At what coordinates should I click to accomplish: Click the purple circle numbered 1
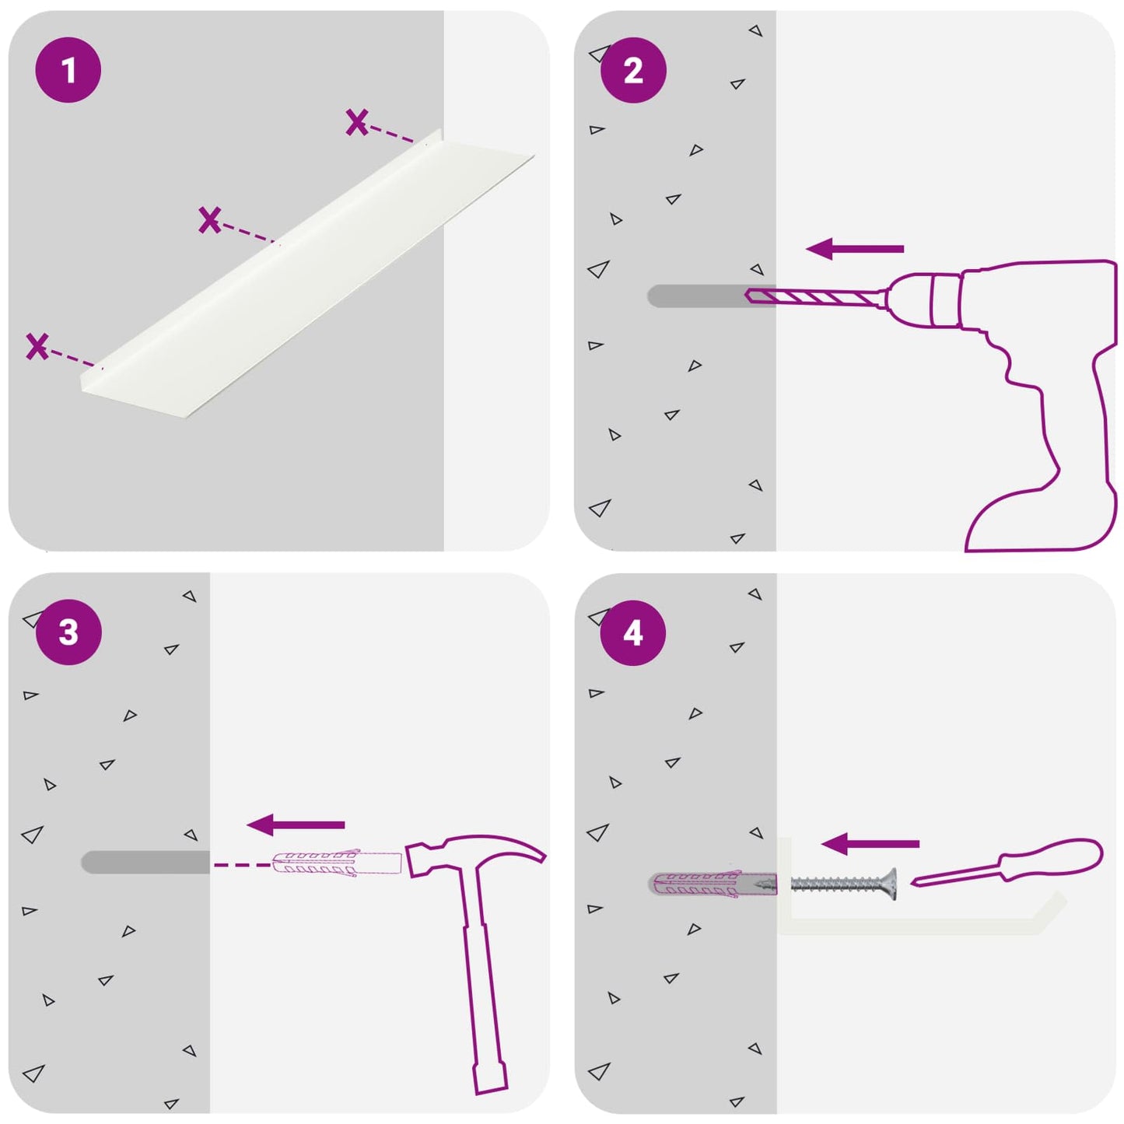[68, 70]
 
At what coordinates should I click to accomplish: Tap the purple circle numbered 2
[633, 71]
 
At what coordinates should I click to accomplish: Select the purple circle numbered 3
[68, 632]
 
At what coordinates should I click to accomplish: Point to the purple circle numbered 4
[633, 633]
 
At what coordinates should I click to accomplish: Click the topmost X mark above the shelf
[356, 122]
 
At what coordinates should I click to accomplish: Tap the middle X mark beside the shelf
[209, 220]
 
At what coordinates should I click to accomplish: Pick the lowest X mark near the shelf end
[37, 346]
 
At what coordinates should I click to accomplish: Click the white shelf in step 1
[307, 274]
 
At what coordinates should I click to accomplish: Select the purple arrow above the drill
[855, 249]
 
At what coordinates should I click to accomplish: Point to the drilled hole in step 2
[711, 296]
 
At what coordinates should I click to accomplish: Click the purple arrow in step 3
[296, 825]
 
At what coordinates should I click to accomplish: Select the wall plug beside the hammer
[337, 864]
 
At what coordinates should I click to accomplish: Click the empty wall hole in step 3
[145, 862]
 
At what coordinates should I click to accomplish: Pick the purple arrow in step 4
[870, 843]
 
